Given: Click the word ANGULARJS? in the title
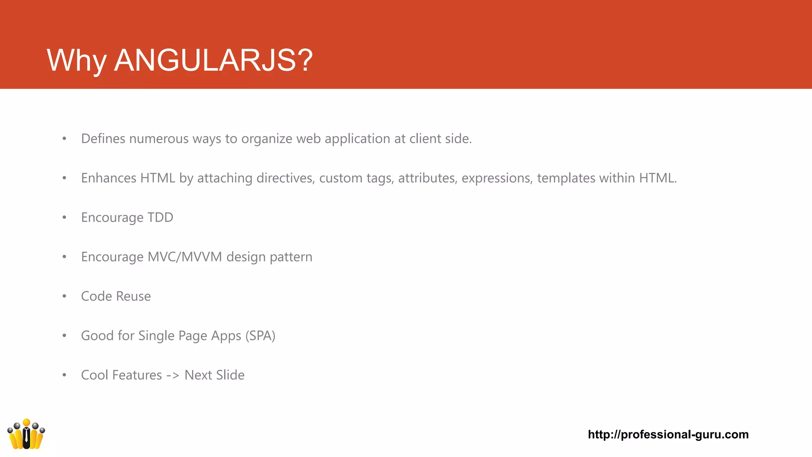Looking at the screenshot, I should (x=213, y=60).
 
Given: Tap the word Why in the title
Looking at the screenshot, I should (x=76, y=60).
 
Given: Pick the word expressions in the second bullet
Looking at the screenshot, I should (x=497, y=178).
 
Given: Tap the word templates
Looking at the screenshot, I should (x=566, y=178).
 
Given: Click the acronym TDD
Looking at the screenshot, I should (x=160, y=217).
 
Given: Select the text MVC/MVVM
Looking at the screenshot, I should (x=185, y=257).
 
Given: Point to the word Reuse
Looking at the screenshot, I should (x=133, y=296).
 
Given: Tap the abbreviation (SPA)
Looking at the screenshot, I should (x=260, y=336).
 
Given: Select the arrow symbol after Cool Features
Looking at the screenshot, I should (x=173, y=375).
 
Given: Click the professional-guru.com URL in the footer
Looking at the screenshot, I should (x=668, y=434).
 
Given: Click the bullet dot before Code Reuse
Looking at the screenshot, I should (x=64, y=296).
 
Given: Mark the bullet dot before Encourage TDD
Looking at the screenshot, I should (x=64, y=217).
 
